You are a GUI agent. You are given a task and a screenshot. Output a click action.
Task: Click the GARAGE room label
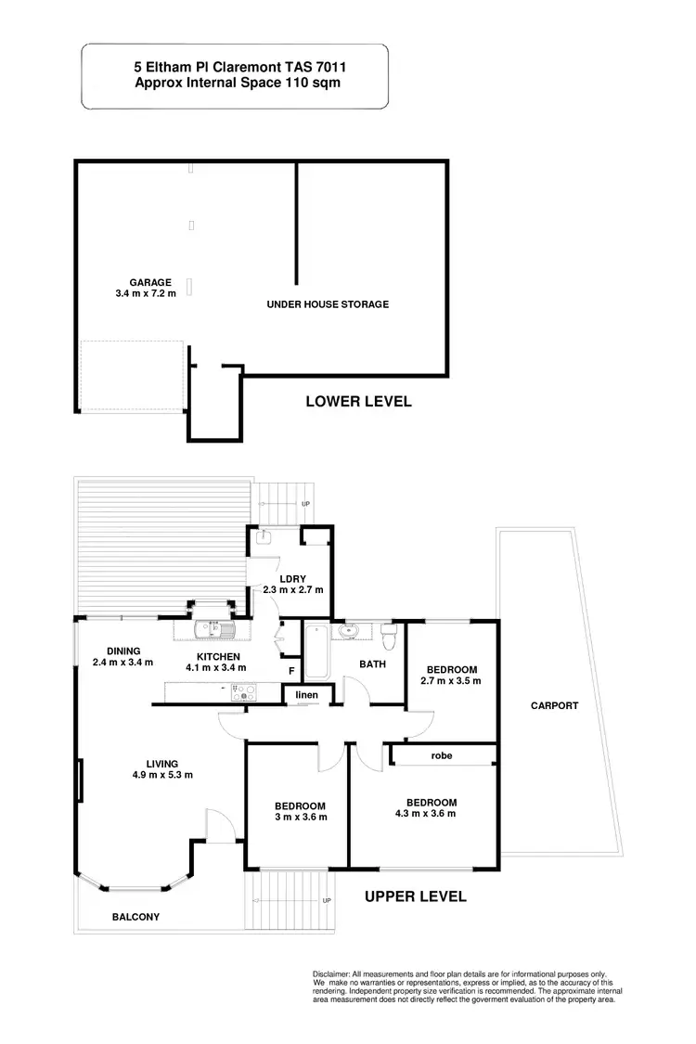(x=150, y=282)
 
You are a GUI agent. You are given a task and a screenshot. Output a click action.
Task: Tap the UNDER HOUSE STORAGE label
(x=327, y=304)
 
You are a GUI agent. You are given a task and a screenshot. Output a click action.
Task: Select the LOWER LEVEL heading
(x=358, y=402)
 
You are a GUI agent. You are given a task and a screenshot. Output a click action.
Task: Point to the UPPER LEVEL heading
(x=415, y=896)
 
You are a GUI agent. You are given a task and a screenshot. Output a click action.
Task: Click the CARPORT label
(x=554, y=705)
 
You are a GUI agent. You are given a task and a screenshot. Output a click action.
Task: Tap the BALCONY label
(x=136, y=917)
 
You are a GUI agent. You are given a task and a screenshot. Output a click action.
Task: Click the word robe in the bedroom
(x=442, y=756)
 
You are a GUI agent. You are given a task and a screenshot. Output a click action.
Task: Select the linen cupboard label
(x=307, y=695)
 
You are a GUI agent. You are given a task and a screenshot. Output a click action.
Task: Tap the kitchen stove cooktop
(x=243, y=690)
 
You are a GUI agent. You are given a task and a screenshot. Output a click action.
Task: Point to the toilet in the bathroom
(x=390, y=636)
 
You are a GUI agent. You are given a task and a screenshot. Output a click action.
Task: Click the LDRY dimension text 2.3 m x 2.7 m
(x=292, y=589)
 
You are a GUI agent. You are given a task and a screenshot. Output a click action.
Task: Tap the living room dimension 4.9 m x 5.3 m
(x=162, y=776)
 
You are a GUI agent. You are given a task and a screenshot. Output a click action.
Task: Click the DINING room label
(x=122, y=651)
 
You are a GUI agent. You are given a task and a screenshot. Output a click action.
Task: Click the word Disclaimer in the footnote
(x=336, y=973)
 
